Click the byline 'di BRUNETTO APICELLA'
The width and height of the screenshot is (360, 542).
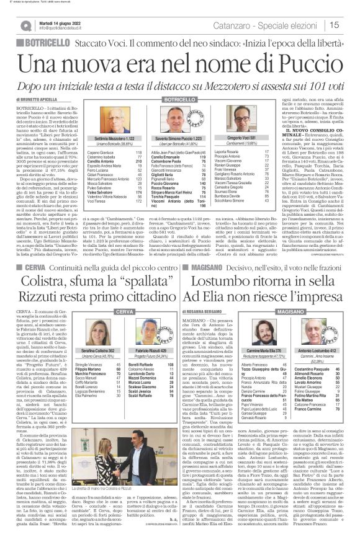click(30, 99)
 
